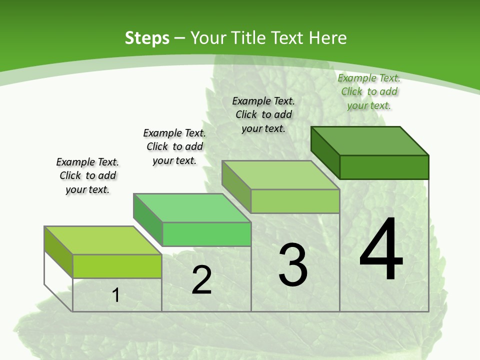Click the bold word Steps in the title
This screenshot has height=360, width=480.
coord(147,38)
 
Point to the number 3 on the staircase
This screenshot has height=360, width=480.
coord(293,264)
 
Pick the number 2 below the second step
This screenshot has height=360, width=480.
coord(201,280)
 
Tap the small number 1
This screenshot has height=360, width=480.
coord(115,295)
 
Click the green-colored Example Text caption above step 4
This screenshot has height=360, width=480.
coord(369,91)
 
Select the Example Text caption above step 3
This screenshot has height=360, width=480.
coord(263,114)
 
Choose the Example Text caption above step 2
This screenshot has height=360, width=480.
coord(174,146)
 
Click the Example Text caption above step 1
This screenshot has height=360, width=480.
coord(87,175)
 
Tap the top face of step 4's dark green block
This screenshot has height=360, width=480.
coord(370,140)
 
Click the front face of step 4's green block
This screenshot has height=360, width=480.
coord(384,167)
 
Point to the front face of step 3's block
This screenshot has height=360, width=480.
coord(295,201)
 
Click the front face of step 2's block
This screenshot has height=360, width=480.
coord(206,234)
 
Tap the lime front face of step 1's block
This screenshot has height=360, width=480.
coord(117,266)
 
